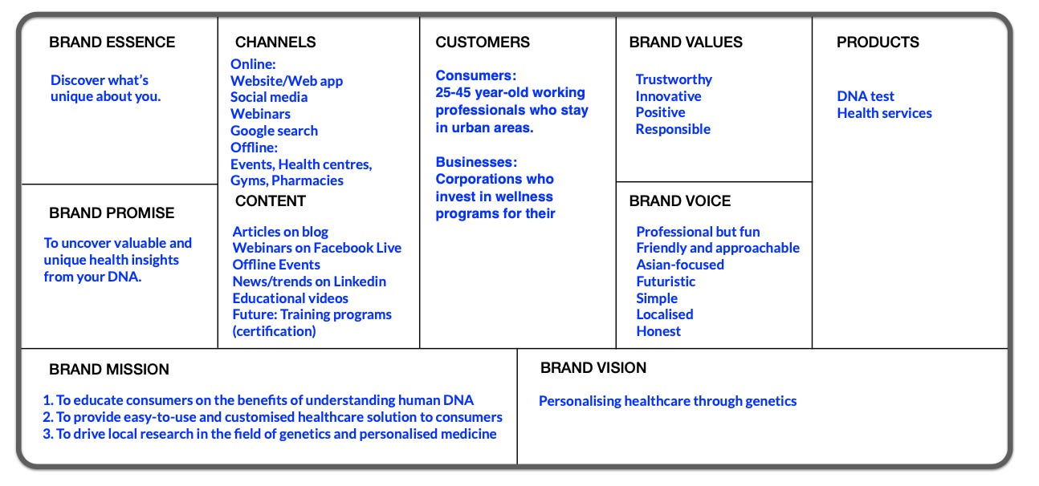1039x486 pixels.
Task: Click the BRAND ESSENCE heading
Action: click(112, 43)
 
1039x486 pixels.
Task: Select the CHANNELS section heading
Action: click(275, 43)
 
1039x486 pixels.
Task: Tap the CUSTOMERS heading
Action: click(483, 43)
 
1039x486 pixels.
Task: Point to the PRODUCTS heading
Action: click(878, 43)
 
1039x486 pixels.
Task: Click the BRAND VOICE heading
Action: click(680, 201)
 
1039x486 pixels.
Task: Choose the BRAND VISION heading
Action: click(593, 368)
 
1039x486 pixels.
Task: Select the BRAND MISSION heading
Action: click(109, 370)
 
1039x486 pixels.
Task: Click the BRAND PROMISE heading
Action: click(112, 213)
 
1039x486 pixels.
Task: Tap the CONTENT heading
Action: click(271, 201)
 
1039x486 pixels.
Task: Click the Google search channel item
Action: click(274, 131)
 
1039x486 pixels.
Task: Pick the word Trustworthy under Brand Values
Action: click(674, 79)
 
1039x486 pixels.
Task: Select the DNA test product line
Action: click(866, 96)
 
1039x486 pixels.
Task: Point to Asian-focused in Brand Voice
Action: click(680, 265)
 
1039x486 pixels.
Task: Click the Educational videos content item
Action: click(291, 298)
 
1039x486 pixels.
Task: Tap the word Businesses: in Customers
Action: click(476, 162)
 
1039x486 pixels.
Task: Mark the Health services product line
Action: click(884, 113)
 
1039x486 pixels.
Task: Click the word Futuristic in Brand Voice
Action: click(666, 281)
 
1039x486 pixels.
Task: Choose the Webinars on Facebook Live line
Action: click(316, 248)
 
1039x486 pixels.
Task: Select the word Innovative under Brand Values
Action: click(668, 96)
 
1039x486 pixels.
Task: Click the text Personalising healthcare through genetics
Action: click(667, 401)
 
